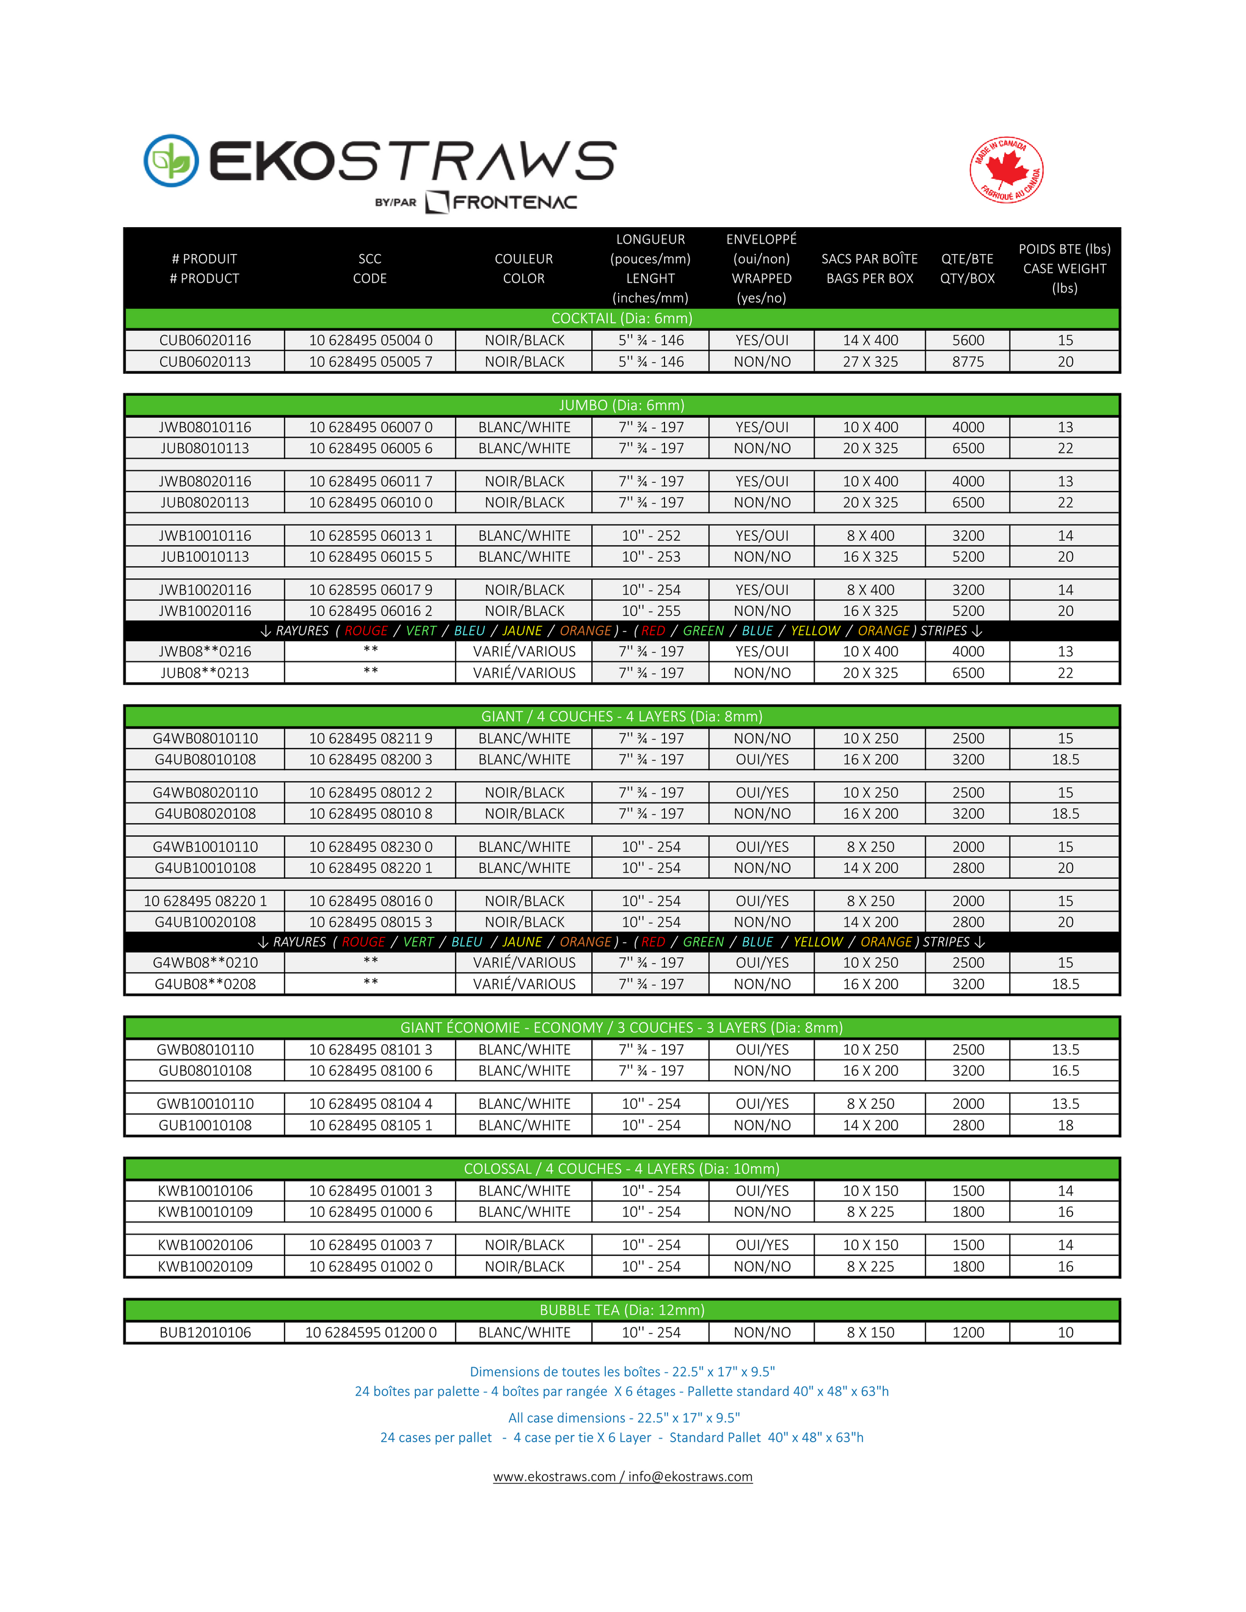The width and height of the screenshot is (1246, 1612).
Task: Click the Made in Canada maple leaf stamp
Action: (1006, 170)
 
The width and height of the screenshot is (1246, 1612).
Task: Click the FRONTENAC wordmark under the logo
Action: (514, 202)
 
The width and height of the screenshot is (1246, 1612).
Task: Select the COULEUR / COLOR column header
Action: (523, 269)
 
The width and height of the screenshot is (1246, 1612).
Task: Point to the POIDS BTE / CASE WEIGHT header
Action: (1065, 269)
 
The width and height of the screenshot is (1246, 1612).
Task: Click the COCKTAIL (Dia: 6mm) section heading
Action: (622, 318)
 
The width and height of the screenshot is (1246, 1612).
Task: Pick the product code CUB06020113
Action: (205, 361)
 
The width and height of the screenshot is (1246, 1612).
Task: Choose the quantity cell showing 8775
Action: (967, 361)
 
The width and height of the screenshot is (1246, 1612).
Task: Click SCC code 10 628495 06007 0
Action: (371, 427)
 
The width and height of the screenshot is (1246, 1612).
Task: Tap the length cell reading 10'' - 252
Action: (650, 536)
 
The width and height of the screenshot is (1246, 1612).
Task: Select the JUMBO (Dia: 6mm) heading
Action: (622, 405)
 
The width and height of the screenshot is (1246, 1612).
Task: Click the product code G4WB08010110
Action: (205, 738)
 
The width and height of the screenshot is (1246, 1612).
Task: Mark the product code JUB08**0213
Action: (205, 673)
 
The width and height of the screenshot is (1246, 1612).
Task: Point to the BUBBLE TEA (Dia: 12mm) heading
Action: (622, 1310)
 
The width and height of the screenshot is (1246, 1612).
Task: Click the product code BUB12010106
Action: (205, 1332)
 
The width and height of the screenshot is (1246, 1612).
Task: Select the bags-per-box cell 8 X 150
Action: (870, 1332)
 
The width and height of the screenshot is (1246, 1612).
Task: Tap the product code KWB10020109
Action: (205, 1266)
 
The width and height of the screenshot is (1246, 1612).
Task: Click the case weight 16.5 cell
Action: (1065, 1071)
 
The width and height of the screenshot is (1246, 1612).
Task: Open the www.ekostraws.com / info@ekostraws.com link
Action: (622, 1477)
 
